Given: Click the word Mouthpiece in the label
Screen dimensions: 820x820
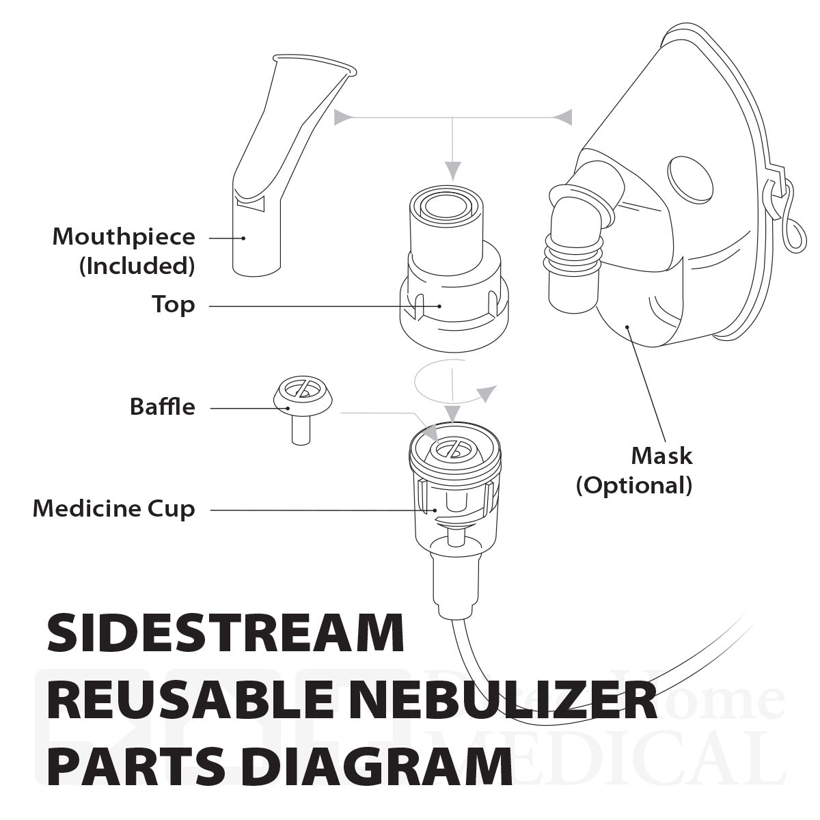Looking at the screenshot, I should (x=124, y=237).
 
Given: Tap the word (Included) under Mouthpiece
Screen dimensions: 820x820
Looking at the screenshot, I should (x=137, y=265).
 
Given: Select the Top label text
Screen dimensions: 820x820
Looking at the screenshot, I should (x=173, y=304).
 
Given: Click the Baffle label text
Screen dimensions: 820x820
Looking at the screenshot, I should (x=162, y=407).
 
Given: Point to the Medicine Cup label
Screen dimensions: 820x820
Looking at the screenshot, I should (x=113, y=508).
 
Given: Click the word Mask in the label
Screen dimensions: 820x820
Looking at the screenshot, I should (x=661, y=455).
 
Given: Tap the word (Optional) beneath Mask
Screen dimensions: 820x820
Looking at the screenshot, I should (x=634, y=485).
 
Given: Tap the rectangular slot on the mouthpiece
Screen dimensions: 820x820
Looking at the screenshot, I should (x=249, y=202).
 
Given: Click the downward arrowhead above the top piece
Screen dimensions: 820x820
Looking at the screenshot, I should (x=453, y=171).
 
